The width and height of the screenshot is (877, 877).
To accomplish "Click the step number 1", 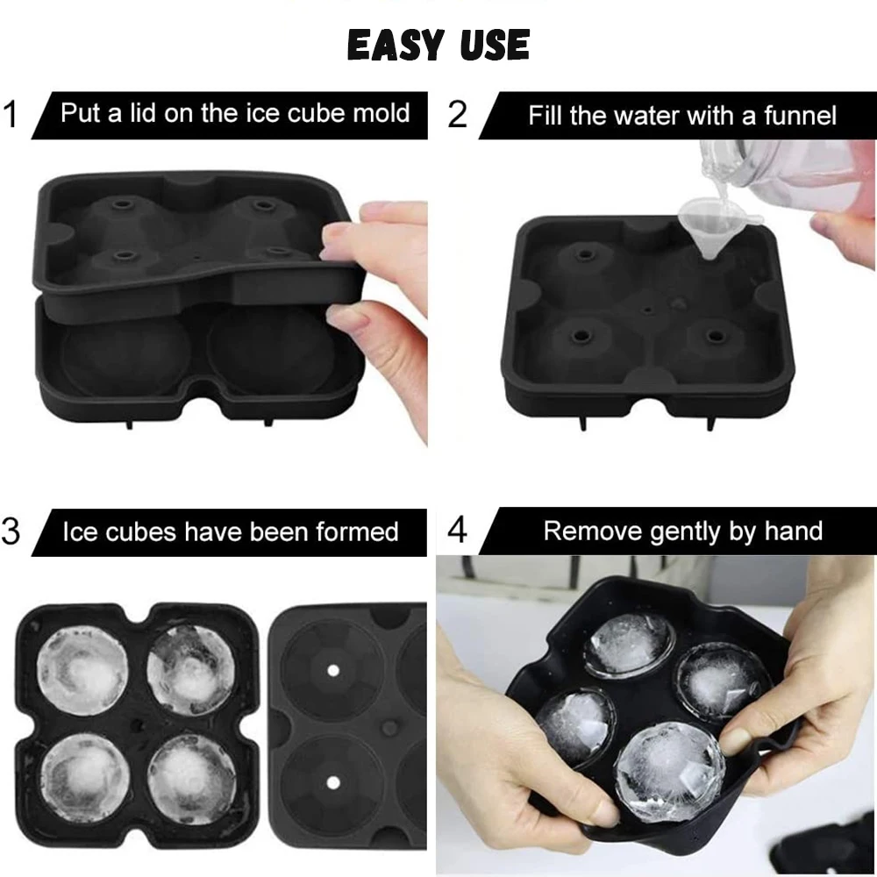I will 11,115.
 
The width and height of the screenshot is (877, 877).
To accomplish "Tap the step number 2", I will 458,115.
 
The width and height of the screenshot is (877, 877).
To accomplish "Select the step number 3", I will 11,531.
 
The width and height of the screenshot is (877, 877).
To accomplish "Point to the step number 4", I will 458,531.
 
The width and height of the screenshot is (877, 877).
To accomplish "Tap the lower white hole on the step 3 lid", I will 333,780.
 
